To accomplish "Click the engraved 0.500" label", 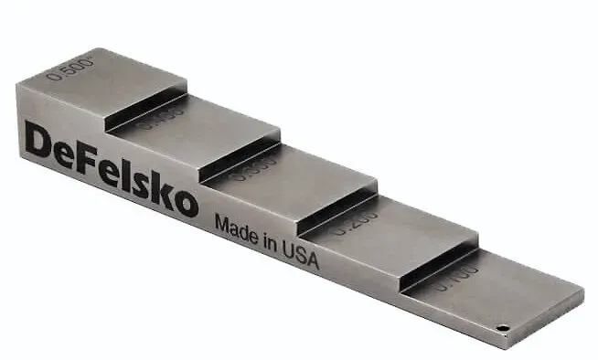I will tap(72, 69).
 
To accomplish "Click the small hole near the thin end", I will tap(502, 326).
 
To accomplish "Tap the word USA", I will tap(301, 256).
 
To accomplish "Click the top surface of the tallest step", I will tap(119, 78).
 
